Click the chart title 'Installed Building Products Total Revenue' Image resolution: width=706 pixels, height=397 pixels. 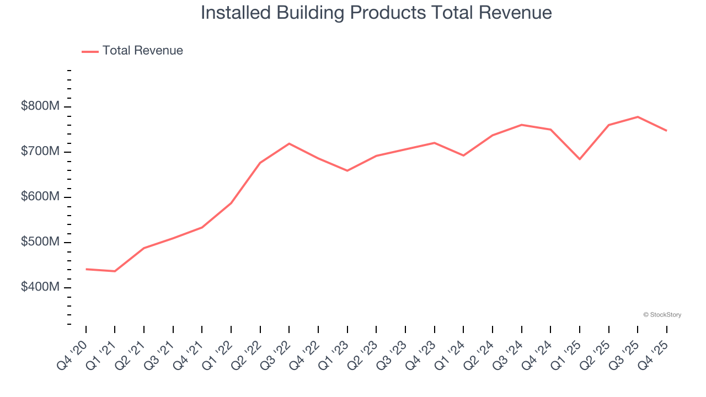(x=376, y=13)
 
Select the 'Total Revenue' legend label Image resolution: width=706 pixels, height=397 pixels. (x=142, y=51)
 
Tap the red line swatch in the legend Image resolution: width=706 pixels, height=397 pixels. (x=90, y=51)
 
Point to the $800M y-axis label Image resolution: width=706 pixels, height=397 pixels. (x=40, y=106)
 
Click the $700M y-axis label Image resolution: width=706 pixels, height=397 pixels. (x=40, y=152)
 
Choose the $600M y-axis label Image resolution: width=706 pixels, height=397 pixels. (x=40, y=197)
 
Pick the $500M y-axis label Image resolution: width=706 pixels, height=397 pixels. (x=40, y=243)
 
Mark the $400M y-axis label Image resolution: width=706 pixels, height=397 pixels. (x=40, y=288)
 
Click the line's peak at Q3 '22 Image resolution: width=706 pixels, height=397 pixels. (x=289, y=143)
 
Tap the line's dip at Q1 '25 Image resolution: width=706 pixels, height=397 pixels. (x=580, y=159)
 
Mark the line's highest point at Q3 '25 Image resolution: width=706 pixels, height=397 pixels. (x=638, y=117)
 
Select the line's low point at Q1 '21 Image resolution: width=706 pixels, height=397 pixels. (x=115, y=271)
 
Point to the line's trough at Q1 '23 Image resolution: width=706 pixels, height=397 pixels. (x=347, y=170)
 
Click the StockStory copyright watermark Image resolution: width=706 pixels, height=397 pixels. (x=662, y=315)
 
